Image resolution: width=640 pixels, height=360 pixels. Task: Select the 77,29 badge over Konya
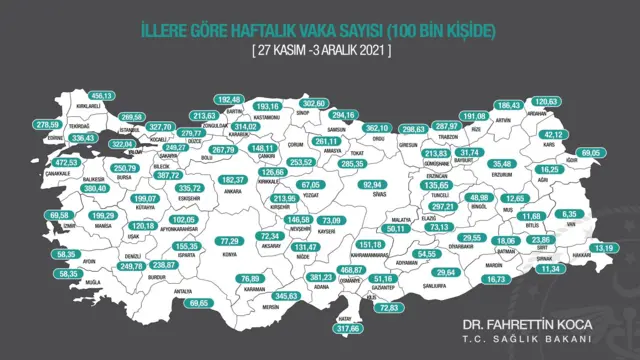point(231,241)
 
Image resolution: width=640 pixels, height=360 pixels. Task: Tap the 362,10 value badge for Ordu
point(376,128)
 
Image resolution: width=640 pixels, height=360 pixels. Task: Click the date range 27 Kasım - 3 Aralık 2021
point(321,48)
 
